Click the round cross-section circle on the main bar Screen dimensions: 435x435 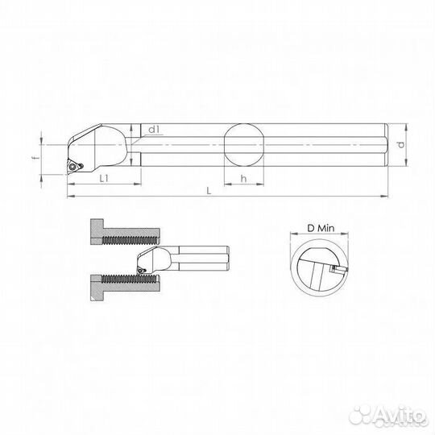(243, 144)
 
